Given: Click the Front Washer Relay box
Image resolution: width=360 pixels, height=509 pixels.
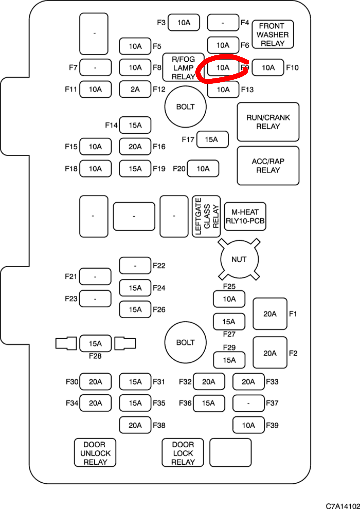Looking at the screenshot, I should (273, 35).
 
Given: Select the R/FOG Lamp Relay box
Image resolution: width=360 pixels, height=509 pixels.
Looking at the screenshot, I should (183, 68).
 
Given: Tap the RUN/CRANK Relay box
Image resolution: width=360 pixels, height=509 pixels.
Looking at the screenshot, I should (268, 122).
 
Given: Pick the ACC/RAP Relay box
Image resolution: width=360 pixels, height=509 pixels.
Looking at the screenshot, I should (268, 166).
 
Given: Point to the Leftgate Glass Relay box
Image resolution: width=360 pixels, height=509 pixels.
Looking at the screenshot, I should (206, 216).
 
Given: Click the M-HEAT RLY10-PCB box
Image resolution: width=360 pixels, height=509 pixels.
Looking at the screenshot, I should (245, 216).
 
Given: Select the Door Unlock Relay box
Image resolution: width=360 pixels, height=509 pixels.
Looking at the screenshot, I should (95, 453).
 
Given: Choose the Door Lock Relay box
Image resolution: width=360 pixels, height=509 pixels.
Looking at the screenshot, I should (183, 453).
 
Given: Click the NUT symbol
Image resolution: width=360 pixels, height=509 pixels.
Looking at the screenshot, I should (239, 260).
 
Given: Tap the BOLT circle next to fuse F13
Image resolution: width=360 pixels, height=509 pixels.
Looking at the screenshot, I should (185, 107).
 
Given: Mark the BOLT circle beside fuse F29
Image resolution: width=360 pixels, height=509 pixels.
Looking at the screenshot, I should (185, 343).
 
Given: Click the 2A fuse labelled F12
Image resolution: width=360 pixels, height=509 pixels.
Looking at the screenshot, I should (135, 89).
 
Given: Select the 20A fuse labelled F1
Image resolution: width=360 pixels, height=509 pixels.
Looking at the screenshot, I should (270, 314).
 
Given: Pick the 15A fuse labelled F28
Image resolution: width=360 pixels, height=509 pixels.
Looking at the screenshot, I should (95, 344).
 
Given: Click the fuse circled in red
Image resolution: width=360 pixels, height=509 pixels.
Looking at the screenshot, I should (223, 68).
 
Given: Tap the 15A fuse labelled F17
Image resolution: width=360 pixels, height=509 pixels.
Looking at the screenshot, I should (212, 139).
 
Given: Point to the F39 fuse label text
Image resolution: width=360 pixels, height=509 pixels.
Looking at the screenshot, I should (272, 425).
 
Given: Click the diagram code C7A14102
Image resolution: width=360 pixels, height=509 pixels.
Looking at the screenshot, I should (343, 506).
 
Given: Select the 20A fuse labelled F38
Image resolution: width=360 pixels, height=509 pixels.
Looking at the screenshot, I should (135, 425).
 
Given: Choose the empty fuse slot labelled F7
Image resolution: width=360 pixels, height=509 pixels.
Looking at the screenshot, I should (95, 68).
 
